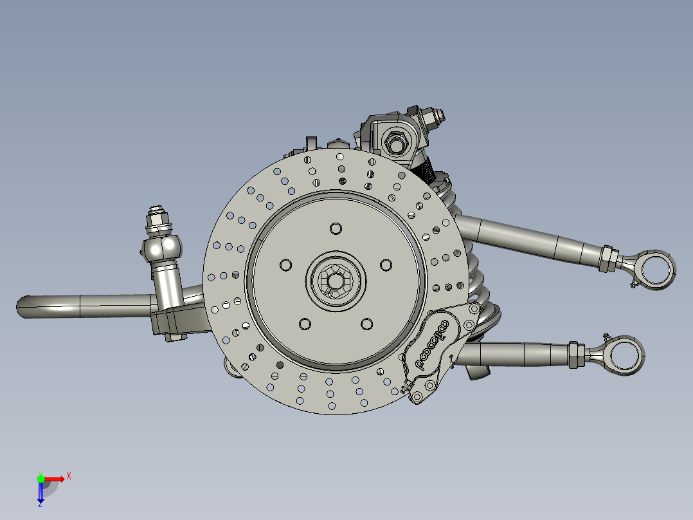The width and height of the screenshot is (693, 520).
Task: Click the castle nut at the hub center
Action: pyautogui.click(x=336, y=281)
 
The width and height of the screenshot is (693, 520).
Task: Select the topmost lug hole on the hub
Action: pyautogui.click(x=336, y=228)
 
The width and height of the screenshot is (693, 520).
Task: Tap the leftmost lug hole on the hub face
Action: pyautogui.click(x=285, y=265)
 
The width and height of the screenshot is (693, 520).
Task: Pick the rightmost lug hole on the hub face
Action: pyautogui.click(x=386, y=265)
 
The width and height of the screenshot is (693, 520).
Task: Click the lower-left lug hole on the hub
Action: pyautogui.click(x=304, y=324)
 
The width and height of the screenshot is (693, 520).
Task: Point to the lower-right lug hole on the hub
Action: pyautogui.click(x=366, y=324)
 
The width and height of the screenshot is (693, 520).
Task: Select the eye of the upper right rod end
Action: pyautogui.click(x=657, y=268)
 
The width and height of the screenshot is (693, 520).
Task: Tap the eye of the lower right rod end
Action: pyautogui.click(x=625, y=355)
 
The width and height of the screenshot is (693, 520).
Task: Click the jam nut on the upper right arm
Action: pyautogui.click(x=607, y=257)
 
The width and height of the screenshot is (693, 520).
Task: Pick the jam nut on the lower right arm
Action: pyautogui.click(x=576, y=354)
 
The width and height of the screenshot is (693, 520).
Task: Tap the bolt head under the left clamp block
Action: pyautogui.click(x=172, y=337)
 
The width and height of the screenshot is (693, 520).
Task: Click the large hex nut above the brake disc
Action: pyautogui.click(x=393, y=140)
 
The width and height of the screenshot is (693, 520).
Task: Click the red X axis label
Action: pyautogui.click(x=68, y=476)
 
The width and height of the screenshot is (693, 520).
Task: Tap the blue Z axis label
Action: pyautogui.click(x=40, y=504)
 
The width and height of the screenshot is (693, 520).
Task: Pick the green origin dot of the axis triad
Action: pyautogui.click(x=40, y=478)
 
